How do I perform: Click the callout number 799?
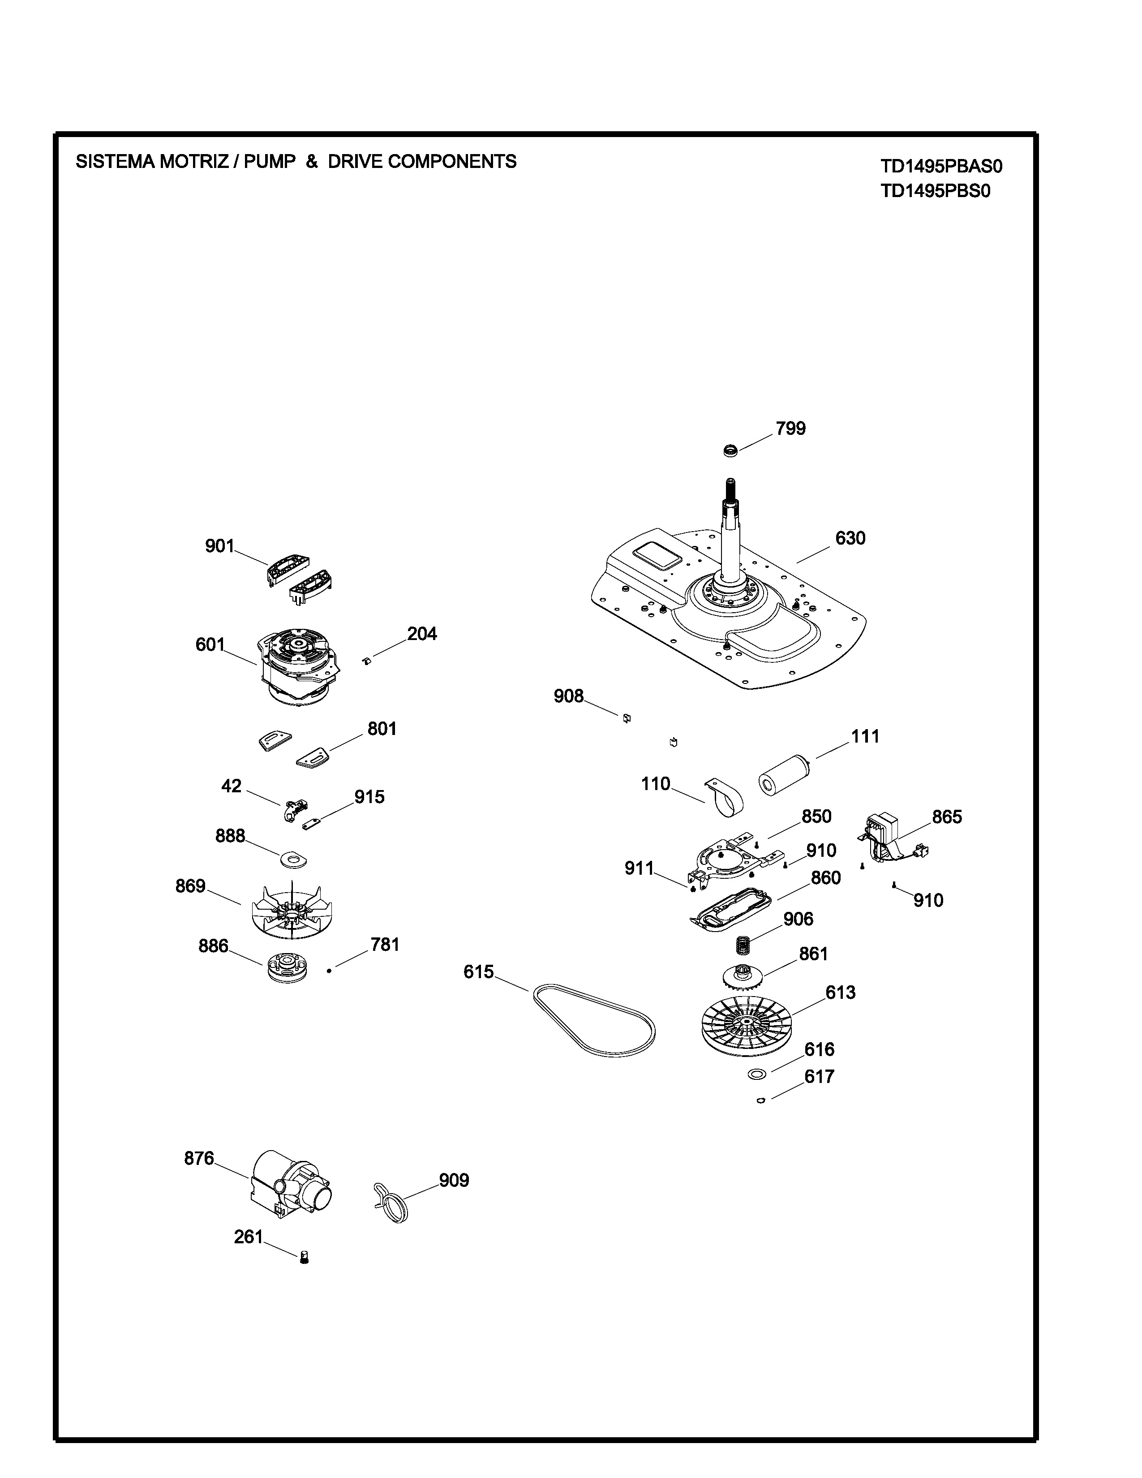[790, 428]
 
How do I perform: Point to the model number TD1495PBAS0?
[941, 167]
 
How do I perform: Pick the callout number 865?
[946, 817]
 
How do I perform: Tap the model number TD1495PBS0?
[935, 192]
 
